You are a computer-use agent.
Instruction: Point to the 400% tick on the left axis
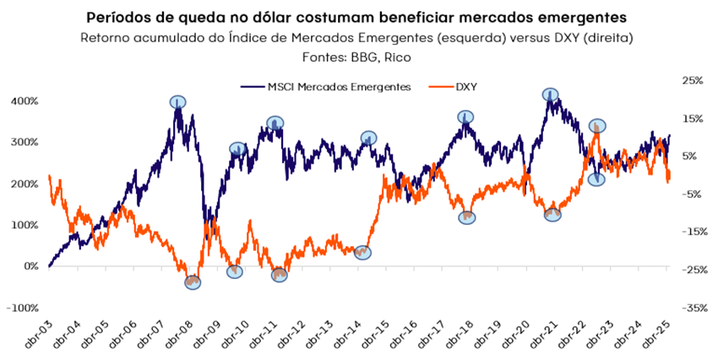pyautogui.click(x=23, y=101)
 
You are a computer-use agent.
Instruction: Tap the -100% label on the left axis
pyautogui.click(x=20, y=308)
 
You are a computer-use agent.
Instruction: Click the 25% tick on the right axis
pyautogui.click(x=692, y=80)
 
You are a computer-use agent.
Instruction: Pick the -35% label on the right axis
pyautogui.click(x=690, y=308)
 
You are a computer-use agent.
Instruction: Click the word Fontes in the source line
pyautogui.click(x=322, y=57)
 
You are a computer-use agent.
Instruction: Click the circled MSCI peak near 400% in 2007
pyautogui.click(x=177, y=102)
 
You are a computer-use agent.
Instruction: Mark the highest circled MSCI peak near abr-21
pyautogui.click(x=551, y=95)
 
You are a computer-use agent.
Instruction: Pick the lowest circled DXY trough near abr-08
pyautogui.click(x=193, y=282)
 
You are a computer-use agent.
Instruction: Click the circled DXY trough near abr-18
pyautogui.click(x=467, y=217)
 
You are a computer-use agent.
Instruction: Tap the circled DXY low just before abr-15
pyautogui.click(x=362, y=252)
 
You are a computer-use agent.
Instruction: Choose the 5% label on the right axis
pyautogui.click(x=692, y=156)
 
